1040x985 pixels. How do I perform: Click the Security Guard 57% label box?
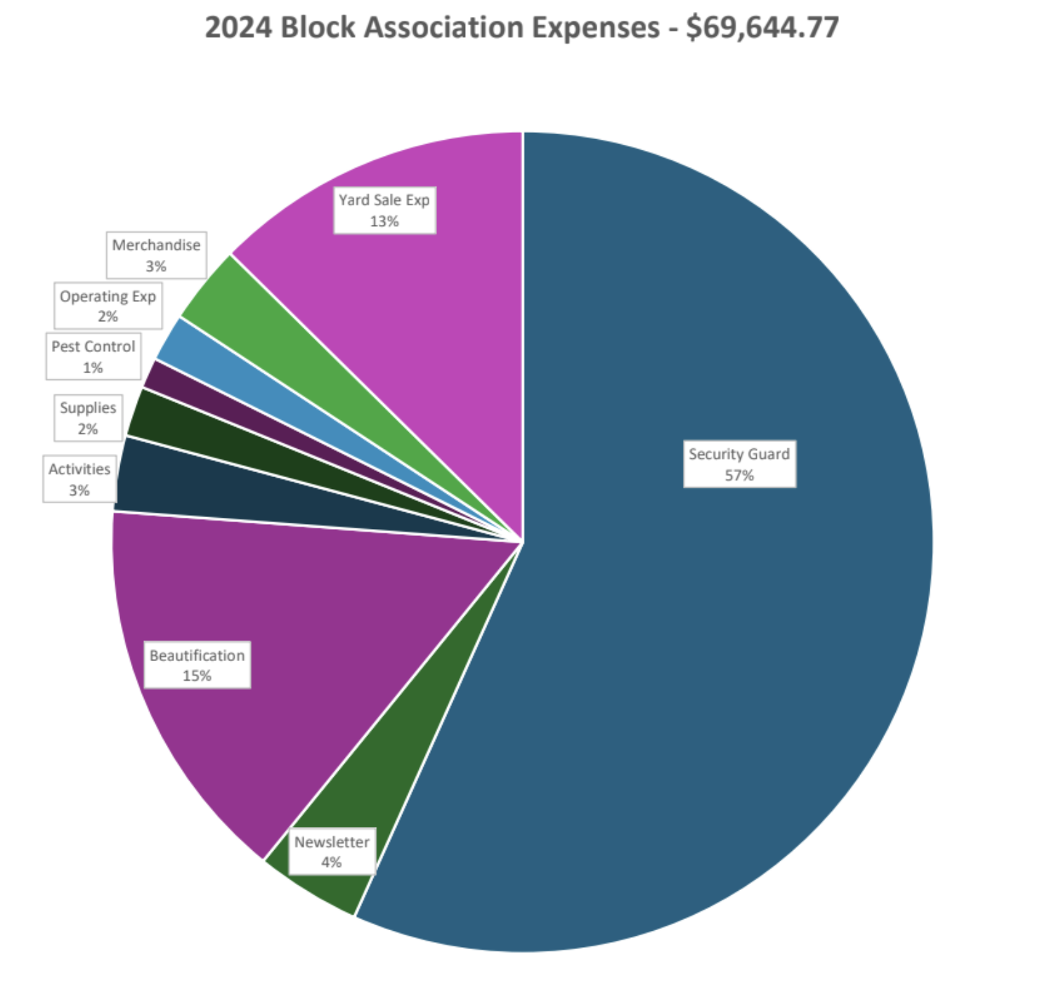[739, 464]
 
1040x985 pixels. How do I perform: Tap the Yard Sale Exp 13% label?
[384, 210]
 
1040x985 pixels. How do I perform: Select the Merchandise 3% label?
[156, 255]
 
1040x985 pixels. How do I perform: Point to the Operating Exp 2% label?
[108, 306]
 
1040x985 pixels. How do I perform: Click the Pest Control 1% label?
[93, 356]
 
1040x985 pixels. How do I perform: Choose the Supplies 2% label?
[88, 417]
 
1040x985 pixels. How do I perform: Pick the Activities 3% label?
[79, 479]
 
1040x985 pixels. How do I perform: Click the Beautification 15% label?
[197, 665]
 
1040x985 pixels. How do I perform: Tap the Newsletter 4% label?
[332, 852]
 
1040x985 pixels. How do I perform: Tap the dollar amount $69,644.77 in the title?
[762, 28]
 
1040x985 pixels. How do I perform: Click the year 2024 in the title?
[238, 28]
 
